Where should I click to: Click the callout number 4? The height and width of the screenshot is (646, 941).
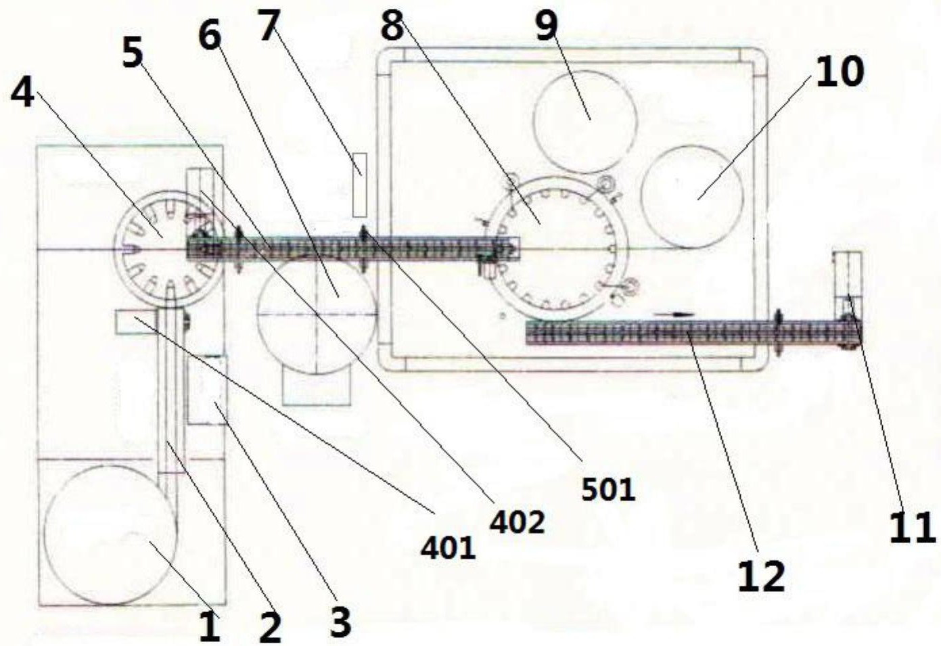tap(22, 93)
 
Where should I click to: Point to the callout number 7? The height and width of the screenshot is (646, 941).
tap(269, 26)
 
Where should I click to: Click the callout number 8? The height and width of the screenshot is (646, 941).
tap(392, 26)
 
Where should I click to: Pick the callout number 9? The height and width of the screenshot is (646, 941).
tap(547, 26)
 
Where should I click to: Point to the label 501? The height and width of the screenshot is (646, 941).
tap(608, 490)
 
